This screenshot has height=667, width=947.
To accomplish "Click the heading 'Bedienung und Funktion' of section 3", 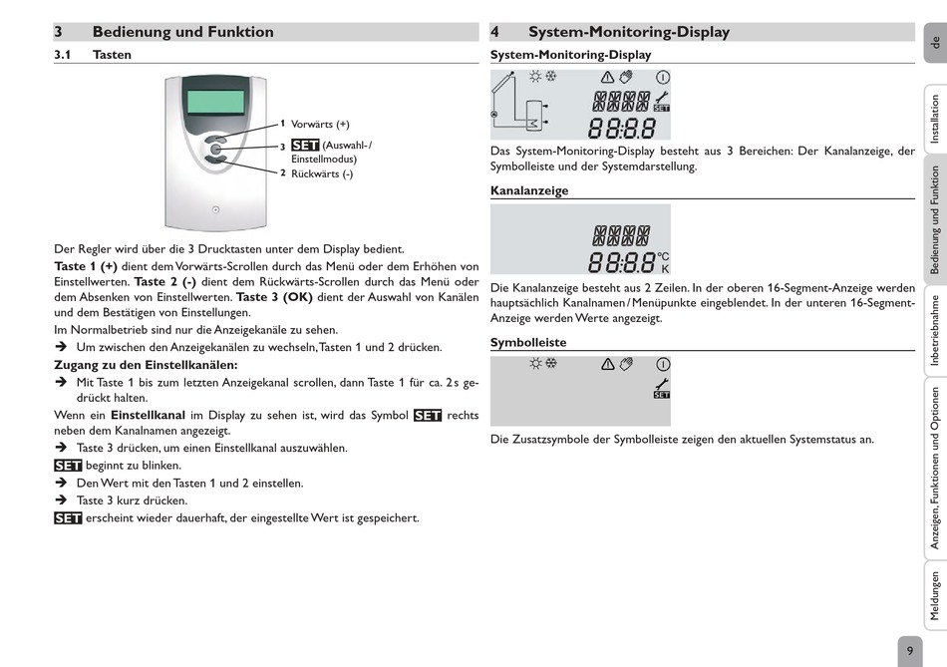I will pyautogui.click(x=182, y=32).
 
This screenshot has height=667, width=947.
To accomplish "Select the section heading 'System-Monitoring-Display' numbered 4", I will pyautogui.click(x=628, y=32).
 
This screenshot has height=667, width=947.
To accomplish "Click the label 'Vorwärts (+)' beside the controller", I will pyautogui.click(x=320, y=125).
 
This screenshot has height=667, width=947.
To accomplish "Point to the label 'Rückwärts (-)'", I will pyautogui.click(x=322, y=173).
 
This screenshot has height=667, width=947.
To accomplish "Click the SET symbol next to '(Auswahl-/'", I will pyautogui.click(x=305, y=146).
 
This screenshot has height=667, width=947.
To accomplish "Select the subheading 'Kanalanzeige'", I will pyautogui.click(x=529, y=190).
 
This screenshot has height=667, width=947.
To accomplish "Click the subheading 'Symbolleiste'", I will pyautogui.click(x=528, y=343).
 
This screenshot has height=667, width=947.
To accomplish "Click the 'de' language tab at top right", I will pyautogui.click(x=934, y=42).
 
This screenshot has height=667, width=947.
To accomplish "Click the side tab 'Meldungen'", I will pyautogui.click(x=934, y=595).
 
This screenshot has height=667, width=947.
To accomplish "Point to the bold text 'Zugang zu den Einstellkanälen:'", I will pyautogui.click(x=146, y=365).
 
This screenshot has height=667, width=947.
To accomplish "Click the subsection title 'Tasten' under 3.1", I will pyautogui.click(x=112, y=55).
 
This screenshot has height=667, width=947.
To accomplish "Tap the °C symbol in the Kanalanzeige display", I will pyautogui.click(x=664, y=256).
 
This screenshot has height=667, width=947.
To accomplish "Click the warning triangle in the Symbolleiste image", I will pyautogui.click(x=607, y=364).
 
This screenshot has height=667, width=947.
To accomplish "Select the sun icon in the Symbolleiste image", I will pyautogui.click(x=535, y=364).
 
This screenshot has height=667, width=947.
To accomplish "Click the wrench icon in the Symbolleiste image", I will pyautogui.click(x=662, y=385).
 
